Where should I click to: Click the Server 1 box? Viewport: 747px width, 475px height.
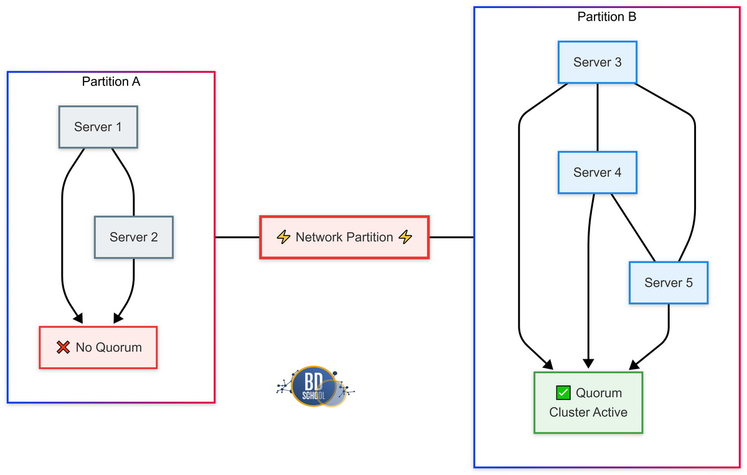(x=98, y=127)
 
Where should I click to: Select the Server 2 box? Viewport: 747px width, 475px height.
(x=133, y=237)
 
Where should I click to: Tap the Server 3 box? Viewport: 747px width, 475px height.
(x=597, y=62)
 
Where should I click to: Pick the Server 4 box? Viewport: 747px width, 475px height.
(x=597, y=172)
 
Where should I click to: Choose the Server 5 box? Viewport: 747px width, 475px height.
(x=668, y=283)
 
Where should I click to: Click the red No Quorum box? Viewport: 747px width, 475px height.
(x=98, y=347)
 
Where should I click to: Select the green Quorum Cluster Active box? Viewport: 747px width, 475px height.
(x=588, y=402)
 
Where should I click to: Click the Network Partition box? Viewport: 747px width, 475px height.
(x=344, y=237)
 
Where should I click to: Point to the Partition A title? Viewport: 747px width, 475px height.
(x=111, y=82)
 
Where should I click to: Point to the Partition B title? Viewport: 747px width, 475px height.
(x=606, y=17)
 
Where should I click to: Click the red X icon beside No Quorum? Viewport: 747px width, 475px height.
(x=63, y=347)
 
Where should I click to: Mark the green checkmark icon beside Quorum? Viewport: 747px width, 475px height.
(x=563, y=393)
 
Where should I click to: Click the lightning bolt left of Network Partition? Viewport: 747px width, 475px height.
(x=283, y=237)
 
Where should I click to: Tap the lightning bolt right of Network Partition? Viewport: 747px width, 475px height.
(x=405, y=237)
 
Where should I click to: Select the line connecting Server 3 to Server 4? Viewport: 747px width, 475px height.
(x=598, y=117)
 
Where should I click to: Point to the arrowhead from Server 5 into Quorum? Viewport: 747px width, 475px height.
(x=636, y=364)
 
